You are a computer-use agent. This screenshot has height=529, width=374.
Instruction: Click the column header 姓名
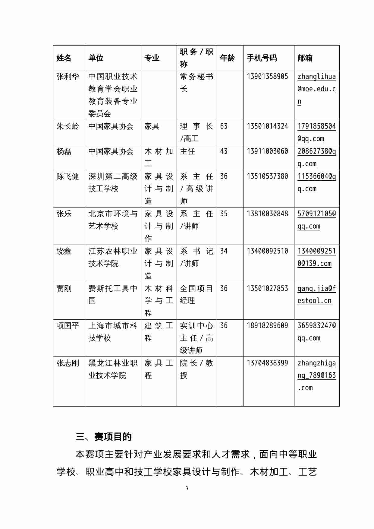(x=64, y=58)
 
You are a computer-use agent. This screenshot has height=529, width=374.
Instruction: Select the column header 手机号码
(x=262, y=58)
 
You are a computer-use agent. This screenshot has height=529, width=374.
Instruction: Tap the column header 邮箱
(x=305, y=58)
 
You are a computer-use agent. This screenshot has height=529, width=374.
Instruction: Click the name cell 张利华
(x=68, y=77)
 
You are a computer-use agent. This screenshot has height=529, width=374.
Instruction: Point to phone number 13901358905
(x=267, y=77)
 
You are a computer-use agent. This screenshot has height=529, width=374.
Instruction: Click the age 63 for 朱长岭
(x=224, y=126)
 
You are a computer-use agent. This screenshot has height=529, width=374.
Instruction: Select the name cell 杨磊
(x=64, y=151)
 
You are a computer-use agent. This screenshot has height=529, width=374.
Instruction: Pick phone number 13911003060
(x=267, y=151)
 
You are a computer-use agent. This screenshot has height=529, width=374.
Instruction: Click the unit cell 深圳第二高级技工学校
(x=113, y=182)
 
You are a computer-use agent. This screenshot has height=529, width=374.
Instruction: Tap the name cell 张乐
(x=64, y=214)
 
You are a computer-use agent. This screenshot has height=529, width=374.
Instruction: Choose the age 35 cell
(x=224, y=214)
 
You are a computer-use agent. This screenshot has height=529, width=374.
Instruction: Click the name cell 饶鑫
(x=64, y=251)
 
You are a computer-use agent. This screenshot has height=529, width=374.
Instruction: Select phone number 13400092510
(x=267, y=251)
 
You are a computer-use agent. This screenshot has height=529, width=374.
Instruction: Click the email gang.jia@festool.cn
(x=316, y=294)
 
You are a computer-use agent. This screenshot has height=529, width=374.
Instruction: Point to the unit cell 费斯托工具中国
(x=113, y=294)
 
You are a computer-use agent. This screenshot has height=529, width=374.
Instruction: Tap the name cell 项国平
(x=68, y=326)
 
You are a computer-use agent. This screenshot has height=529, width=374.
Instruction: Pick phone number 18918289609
(x=267, y=326)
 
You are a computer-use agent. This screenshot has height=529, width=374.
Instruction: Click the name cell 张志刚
(x=68, y=363)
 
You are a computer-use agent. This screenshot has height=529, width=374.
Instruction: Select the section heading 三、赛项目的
(x=104, y=437)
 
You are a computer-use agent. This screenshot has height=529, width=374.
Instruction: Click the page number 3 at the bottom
(x=187, y=488)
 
